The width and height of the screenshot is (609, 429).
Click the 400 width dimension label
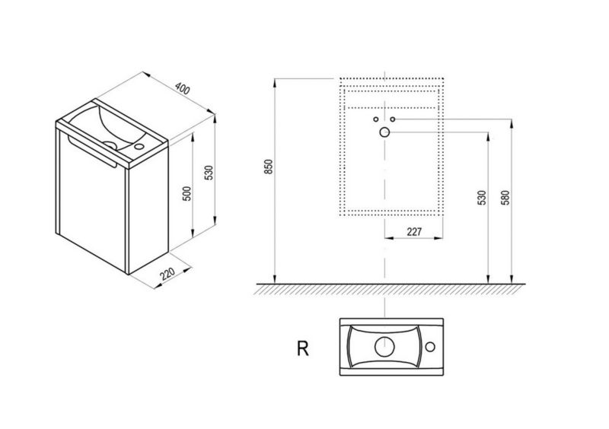[183, 88]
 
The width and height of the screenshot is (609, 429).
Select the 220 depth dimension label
[167, 274]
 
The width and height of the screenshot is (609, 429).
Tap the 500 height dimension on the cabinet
[187, 193]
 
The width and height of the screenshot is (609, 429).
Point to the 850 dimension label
[269, 167]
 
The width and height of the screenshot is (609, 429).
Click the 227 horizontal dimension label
[414, 232]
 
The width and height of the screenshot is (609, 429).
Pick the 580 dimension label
[505, 198]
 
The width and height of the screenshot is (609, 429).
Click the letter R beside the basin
[302, 348]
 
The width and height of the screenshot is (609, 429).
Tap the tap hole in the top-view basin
[430, 347]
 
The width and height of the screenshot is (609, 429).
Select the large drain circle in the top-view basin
[384, 346]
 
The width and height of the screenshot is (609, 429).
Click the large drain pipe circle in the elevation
[384, 132]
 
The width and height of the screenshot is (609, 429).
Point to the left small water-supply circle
[375, 119]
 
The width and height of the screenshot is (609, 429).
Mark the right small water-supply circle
[393, 119]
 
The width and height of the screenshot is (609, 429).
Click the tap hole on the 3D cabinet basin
[139, 147]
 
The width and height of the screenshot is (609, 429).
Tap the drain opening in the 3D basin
[110, 145]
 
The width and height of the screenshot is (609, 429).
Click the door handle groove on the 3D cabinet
[92, 151]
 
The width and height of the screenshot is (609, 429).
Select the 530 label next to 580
[482, 198]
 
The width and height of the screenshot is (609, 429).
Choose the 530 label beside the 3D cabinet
[209, 172]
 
